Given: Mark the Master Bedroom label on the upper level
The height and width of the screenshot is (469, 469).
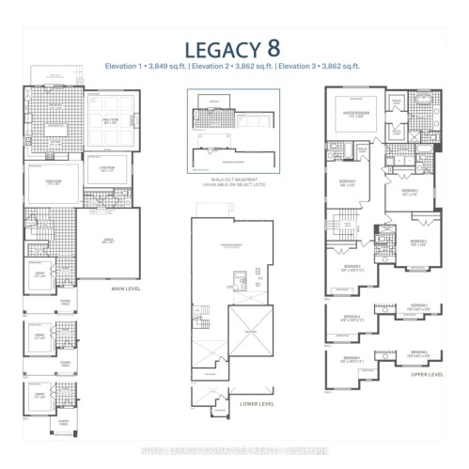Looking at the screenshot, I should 358,117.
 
